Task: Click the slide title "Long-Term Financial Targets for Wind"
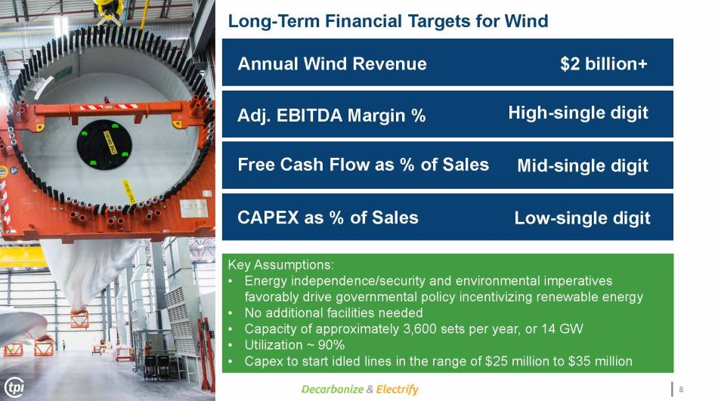(x=388, y=21)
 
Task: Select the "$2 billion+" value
(x=604, y=63)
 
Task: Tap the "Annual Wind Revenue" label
(x=332, y=63)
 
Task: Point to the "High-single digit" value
(x=578, y=113)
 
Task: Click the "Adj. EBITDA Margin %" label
(x=332, y=116)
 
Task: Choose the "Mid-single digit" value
(x=583, y=165)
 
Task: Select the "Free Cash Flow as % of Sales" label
(x=363, y=165)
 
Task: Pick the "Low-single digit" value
(x=582, y=218)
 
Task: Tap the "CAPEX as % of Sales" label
(x=328, y=217)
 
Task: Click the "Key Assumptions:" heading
(x=280, y=264)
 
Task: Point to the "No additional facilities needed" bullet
(x=333, y=313)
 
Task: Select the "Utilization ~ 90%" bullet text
(x=295, y=344)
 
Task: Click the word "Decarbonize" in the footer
(x=333, y=389)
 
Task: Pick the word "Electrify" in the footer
(x=398, y=389)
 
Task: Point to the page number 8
(x=681, y=389)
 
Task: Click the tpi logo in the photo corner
(x=14, y=387)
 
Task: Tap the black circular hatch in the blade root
(x=104, y=145)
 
